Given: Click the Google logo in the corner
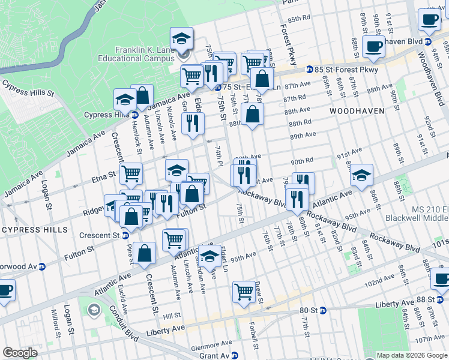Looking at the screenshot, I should click(x=20, y=353).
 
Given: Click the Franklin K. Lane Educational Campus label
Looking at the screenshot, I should click(x=137, y=55).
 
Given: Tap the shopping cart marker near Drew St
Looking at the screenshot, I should click(x=244, y=292).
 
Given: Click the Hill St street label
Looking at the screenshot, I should click(x=172, y=315).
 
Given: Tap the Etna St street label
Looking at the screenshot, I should click(x=103, y=175).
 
